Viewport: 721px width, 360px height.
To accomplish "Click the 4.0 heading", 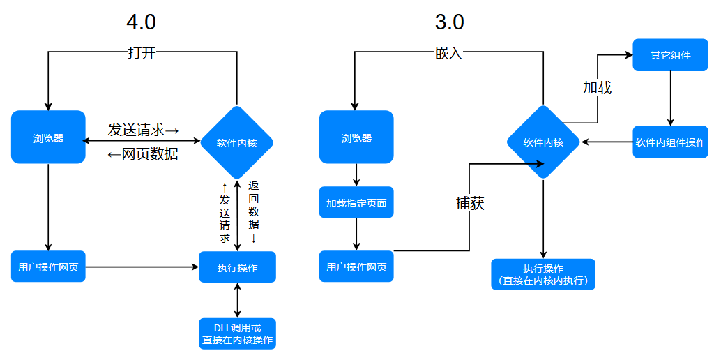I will coord(141,22).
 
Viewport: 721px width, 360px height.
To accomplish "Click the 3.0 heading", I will coord(449,22).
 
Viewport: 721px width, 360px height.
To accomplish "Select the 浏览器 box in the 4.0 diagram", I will coord(48,137).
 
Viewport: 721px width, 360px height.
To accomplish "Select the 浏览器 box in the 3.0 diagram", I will coord(356,137).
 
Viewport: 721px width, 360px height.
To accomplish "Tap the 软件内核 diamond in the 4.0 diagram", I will coord(237,143).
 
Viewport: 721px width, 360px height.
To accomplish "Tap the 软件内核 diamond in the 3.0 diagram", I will coord(543,142).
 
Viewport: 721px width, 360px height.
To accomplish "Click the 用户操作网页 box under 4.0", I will coord(48,266).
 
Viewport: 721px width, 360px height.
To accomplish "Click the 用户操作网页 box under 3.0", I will coord(356,266).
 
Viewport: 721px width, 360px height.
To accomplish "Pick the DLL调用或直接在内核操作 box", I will coord(237,333).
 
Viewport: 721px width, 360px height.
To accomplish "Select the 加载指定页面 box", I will coord(356,203).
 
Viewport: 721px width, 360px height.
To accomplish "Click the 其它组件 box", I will coord(670,54).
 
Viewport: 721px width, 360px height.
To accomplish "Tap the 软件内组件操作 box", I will coord(670,142).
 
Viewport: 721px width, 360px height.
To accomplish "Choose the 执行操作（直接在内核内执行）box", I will coord(543,274).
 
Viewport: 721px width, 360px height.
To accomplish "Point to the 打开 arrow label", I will coord(142,53).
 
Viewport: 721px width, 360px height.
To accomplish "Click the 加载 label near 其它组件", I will coord(597,87).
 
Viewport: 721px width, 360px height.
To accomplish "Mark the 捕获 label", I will coord(470,203).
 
